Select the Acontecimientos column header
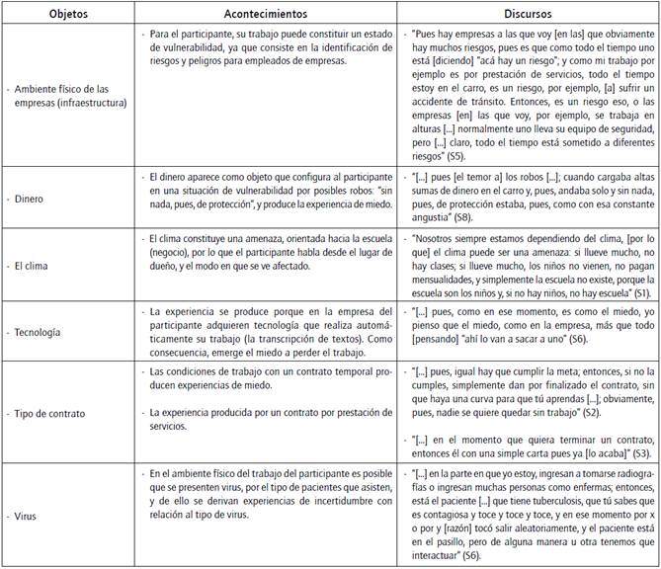coord(267,12)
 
